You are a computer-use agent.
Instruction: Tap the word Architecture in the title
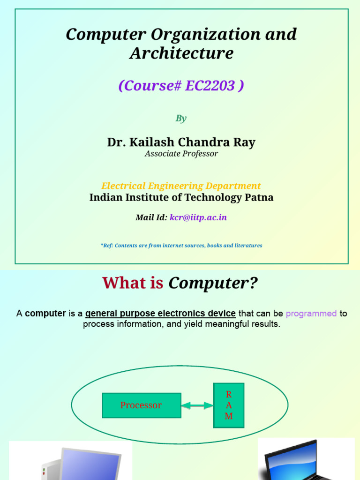click(x=181, y=53)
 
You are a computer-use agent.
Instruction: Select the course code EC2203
click(x=210, y=86)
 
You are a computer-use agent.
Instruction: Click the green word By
click(x=181, y=118)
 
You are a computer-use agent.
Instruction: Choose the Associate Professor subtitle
click(x=181, y=154)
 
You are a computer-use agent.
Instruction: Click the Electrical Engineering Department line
click(x=181, y=186)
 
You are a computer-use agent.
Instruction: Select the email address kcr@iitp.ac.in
click(x=198, y=217)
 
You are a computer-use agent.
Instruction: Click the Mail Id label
click(x=151, y=217)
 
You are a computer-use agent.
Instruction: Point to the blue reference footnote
click(x=181, y=245)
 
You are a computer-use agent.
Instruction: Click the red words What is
click(x=133, y=283)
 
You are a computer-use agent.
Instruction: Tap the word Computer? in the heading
click(x=213, y=283)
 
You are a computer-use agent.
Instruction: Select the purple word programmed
click(x=311, y=313)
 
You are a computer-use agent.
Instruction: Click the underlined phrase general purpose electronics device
click(x=160, y=313)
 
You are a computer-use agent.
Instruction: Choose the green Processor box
click(x=141, y=405)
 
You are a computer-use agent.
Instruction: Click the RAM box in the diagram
click(x=229, y=405)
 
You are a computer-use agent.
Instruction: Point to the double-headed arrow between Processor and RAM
click(x=197, y=405)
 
